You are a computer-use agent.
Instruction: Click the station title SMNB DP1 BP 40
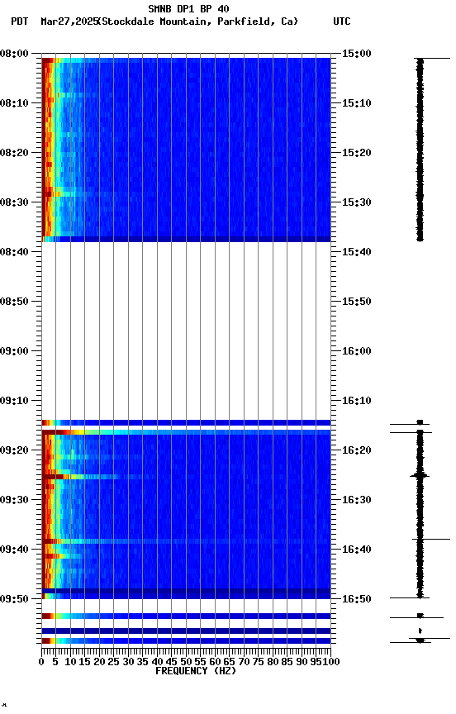click(x=188, y=9)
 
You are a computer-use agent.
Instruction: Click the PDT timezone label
click(x=20, y=21)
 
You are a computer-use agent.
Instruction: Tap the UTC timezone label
click(x=341, y=21)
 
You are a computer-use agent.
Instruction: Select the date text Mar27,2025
click(x=68, y=21)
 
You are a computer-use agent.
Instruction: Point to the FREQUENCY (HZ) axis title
click(x=195, y=671)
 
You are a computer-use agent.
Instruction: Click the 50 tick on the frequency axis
click(x=186, y=662)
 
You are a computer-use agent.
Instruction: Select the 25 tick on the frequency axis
click(x=114, y=662)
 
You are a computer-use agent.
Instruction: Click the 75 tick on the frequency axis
click(x=258, y=662)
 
